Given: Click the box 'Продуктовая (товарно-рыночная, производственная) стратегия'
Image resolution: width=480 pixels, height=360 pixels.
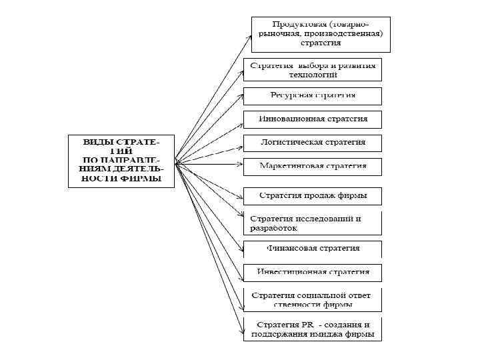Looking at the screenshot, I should [321, 34].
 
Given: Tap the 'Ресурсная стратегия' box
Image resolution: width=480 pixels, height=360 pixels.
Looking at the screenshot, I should [313, 95].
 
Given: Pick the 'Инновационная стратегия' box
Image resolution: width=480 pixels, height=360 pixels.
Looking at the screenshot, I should [313, 119].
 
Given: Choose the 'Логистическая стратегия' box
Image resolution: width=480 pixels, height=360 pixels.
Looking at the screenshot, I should [313, 143].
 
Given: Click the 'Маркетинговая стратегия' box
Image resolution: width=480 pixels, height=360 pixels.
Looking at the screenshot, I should [313, 166].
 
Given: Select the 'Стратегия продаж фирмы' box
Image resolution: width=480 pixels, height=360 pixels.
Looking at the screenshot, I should [313, 196].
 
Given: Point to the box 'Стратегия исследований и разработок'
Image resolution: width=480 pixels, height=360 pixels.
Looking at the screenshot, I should [313, 223].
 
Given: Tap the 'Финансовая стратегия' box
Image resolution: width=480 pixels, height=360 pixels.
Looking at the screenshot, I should [313, 249].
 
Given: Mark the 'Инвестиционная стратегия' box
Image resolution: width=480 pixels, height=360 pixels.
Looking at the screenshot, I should [313, 273].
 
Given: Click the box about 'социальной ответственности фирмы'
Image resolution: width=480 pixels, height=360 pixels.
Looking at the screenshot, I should [313, 300].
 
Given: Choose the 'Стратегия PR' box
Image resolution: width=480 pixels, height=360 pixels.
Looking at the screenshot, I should [313, 329].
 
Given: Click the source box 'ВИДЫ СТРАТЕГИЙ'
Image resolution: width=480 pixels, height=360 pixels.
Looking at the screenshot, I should [121, 161].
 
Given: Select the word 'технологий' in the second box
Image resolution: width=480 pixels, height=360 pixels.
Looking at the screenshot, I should [313, 75].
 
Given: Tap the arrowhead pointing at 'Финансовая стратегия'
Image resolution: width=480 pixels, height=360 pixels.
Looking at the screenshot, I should [240, 249].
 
